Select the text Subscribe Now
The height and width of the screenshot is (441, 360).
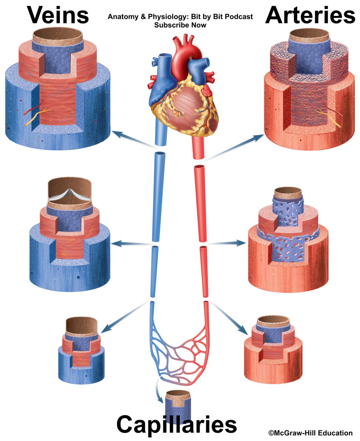pos(180,25)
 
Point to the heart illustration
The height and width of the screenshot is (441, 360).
pos(180,88)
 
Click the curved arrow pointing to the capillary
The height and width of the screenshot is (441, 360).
pos(158,390)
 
